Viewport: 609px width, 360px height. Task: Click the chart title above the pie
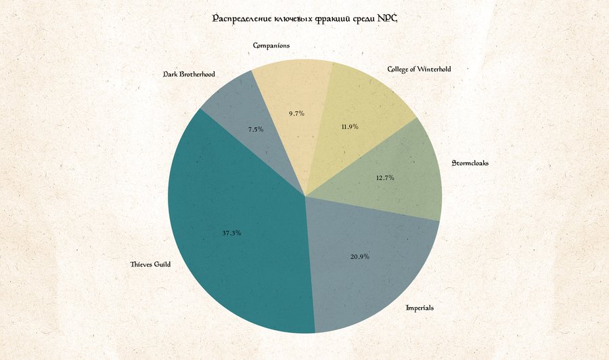[305, 18]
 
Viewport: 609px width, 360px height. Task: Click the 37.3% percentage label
[231, 233]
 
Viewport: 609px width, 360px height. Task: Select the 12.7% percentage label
[385, 178]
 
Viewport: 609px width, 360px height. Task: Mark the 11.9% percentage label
[349, 127]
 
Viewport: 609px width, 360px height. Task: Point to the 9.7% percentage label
[296, 114]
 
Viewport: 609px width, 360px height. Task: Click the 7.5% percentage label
[256, 129]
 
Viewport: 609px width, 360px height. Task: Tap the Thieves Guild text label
[150, 265]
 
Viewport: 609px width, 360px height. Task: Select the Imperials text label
[420, 308]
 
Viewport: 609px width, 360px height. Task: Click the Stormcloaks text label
[470, 163]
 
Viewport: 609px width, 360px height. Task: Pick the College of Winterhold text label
[419, 69]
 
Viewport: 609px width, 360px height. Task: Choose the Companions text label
[271, 45]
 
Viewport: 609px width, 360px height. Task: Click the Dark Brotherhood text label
[189, 74]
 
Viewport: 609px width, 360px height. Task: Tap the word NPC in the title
[387, 18]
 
